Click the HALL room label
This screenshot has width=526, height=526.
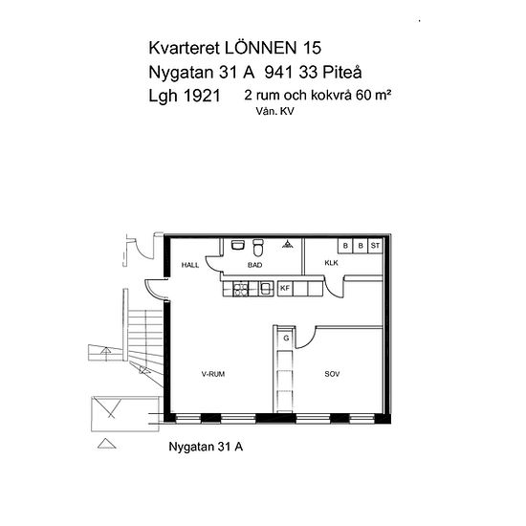point(190,265)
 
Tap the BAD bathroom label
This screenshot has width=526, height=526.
point(255,265)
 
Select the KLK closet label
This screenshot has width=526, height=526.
point(332,263)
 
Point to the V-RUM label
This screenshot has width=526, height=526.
point(213,374)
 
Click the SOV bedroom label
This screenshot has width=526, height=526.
point(332,374)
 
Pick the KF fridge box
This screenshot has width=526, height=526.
point(285,289)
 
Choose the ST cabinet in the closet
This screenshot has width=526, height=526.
point(375,246)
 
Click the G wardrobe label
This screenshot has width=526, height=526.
point(286,339)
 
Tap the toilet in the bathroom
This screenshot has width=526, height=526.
point(258,248)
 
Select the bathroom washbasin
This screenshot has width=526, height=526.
point(238,245)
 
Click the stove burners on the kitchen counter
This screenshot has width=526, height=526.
point(241,289)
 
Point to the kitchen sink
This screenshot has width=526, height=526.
point(266,289)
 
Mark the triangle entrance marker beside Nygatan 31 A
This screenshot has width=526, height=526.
point(107,444)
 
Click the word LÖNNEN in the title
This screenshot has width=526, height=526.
point(261,48)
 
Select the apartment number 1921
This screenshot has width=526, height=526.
point(203,96)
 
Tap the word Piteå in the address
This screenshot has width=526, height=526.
point(342,72)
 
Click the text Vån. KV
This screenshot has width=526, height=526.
point(275,111)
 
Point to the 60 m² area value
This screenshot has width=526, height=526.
point(373,96)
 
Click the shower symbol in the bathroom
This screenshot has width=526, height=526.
point(288,244)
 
